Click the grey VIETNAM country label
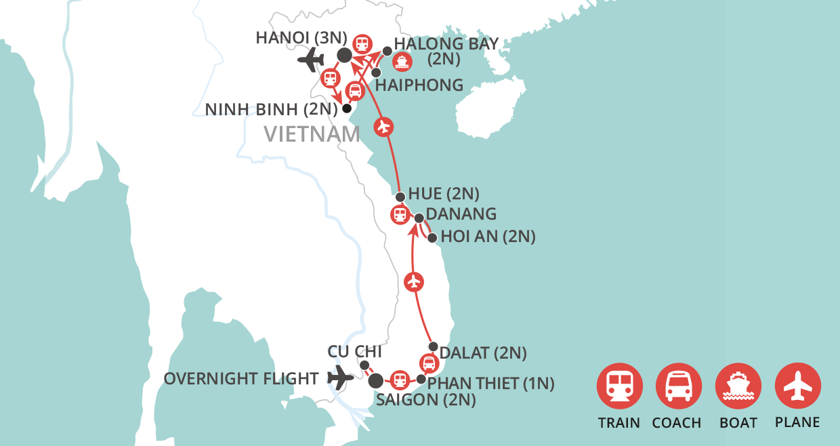point(312,134)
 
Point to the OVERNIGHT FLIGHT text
point(241,378)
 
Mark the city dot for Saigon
point(375,381)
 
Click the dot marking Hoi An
point(432,238)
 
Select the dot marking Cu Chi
point(364,365)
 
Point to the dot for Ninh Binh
point(347,108)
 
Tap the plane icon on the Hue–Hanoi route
point(383,126)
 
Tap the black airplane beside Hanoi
point(312,60)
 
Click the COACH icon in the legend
point(679,386)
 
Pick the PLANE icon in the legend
point(798,386)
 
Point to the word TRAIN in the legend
point(619,422)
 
